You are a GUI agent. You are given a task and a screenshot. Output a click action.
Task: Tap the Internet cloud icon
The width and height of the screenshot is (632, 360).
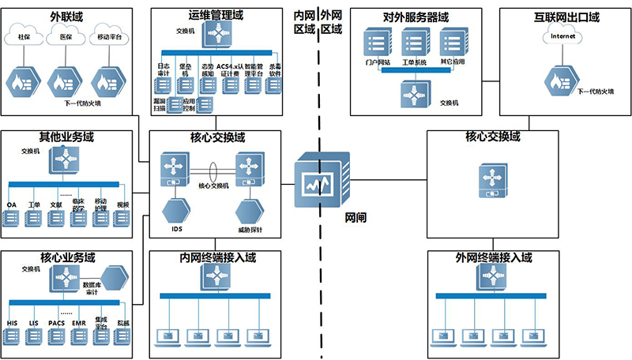point(563,36)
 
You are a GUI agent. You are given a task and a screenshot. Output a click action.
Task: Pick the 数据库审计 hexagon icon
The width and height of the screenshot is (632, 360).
point(117,276)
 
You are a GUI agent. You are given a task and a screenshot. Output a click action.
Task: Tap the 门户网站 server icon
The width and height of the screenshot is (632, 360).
point(373,43)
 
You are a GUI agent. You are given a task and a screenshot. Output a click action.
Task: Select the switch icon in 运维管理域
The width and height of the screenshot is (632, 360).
point(213,32)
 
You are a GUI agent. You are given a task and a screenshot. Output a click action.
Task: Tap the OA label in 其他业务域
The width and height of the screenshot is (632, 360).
point(11,204)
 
